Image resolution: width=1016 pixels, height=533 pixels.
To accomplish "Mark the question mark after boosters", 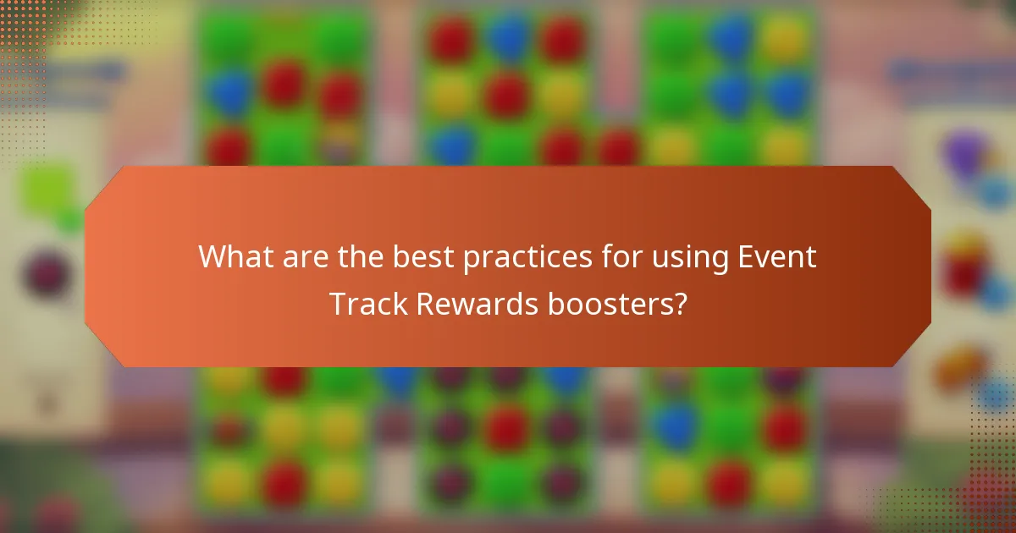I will [x=678, y=303].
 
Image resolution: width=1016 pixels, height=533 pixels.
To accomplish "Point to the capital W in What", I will [x=211, y=256].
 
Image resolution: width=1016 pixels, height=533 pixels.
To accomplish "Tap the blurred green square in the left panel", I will [x=47, y=190].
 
